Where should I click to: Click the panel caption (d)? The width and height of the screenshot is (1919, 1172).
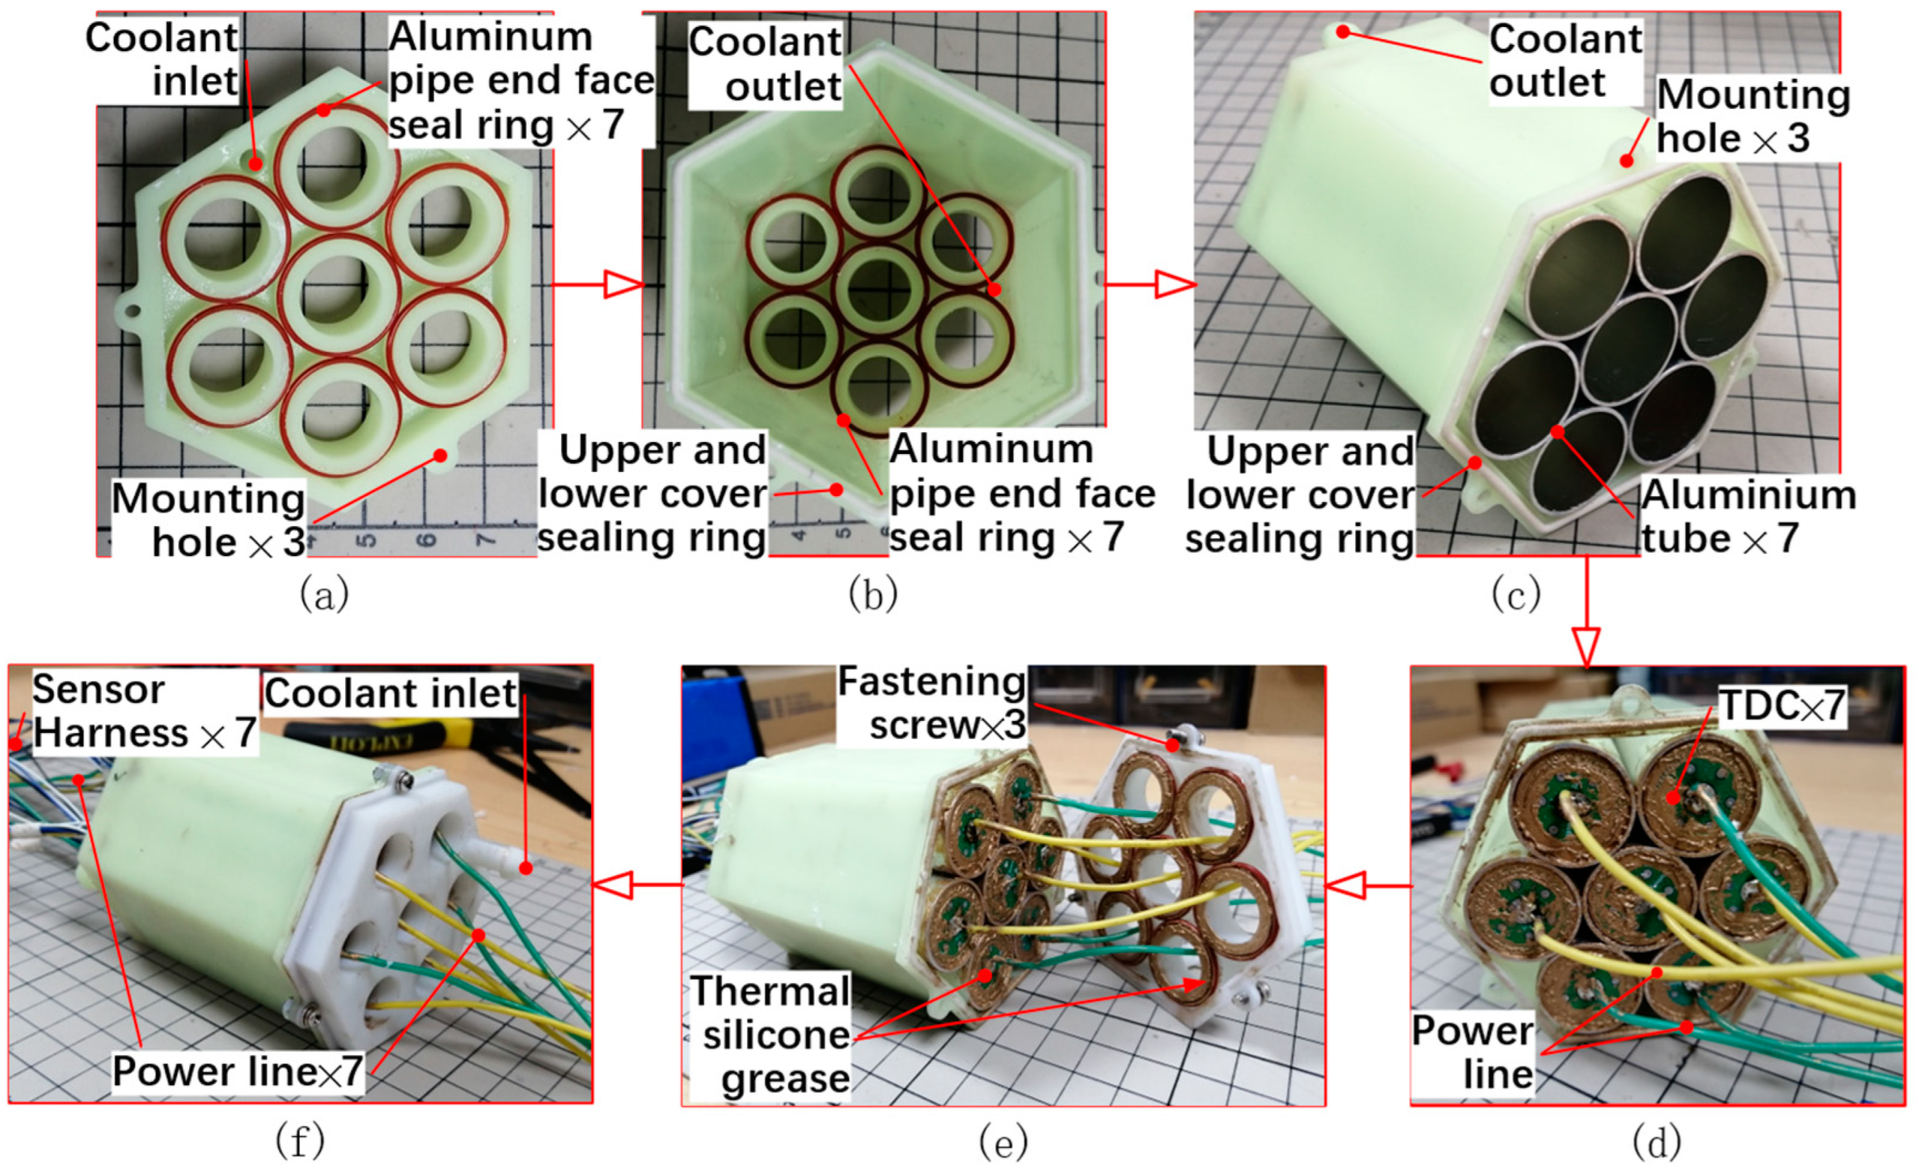[1656, 1143]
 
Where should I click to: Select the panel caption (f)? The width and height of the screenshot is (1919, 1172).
[300, 1143]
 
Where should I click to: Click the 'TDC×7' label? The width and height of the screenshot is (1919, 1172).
[1780, 706]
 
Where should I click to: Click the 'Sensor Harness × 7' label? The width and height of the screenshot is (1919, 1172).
[144, 711]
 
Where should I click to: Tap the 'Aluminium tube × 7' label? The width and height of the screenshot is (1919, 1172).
[1748, 517]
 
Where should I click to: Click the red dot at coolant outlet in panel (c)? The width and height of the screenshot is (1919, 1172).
[1342, 32]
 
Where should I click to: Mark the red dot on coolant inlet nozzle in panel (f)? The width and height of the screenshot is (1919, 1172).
[526, 868]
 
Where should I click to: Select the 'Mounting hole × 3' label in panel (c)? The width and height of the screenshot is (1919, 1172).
[1753, 116]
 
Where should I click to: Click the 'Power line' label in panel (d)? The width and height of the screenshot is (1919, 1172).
[1471, 1052]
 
